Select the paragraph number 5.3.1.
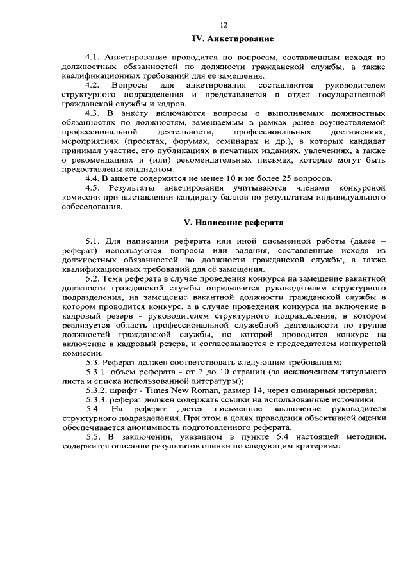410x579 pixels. coord(98,372)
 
